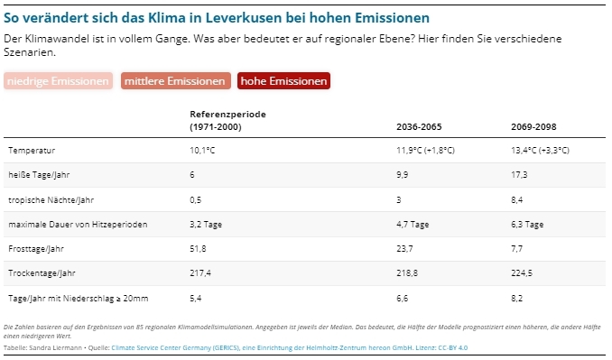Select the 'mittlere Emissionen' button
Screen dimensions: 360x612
coord(175,81)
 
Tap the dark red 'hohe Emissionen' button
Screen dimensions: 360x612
coord(283,81)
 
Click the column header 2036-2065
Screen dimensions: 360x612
coord(419,126)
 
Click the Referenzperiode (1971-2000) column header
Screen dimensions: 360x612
coord(227,120)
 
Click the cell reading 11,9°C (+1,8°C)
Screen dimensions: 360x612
coord(425,150)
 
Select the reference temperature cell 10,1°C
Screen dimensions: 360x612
coord(203,150)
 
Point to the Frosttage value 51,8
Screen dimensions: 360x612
coord(199,248)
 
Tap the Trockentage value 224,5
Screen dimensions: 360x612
coord(523,272)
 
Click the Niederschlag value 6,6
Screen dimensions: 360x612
coord(403,298)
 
